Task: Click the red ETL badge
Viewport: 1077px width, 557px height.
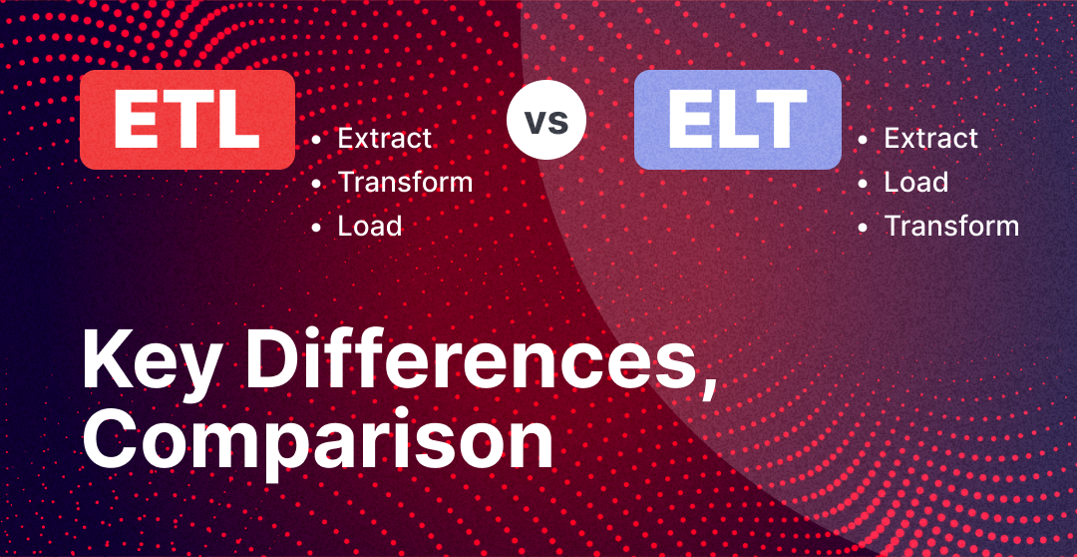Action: pyautogui.click(x=187, y=120)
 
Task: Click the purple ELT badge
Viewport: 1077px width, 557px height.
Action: pyautogui.click(x=738, y=120)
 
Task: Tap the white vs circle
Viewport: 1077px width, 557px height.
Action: pyautogui.click(x=546, y=120)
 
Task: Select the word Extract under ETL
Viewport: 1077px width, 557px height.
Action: pyautogui.click(x=385, y=138)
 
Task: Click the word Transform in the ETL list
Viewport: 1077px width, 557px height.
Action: pyautogui.click(x=405, y=183)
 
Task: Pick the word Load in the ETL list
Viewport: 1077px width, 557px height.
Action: pyautogui.click(x=370, y=227)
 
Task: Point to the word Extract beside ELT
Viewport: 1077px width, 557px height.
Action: pyautogui.click(x=930, y=138)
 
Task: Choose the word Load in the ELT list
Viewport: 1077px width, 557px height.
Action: pyautogui.click(x=915, y=183)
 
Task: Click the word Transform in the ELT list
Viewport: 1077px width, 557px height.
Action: pyautogui.click(x=951, y=227)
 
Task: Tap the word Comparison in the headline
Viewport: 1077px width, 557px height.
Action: pyautogui.click(x=317, y=439)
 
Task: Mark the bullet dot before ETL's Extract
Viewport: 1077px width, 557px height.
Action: pyautogui.click(x=316, y=140)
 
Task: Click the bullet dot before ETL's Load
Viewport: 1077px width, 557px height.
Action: pyautogui.click(x=316, y=228)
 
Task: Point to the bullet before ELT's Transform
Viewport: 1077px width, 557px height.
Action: pyautogui.click(x=862, y=228)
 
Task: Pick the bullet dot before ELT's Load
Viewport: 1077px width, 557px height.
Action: pyautogui.click(x=862, y=184)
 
